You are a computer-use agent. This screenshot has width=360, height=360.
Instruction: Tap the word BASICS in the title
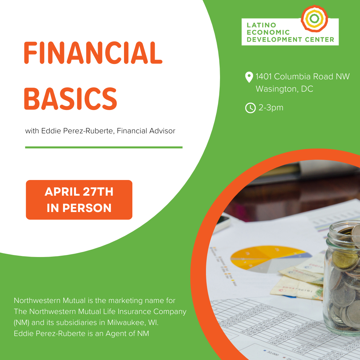click(71, 99)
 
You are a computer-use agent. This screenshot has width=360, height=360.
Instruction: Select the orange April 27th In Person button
click(79, 200)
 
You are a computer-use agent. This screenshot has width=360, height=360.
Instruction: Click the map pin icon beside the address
click(249, 77)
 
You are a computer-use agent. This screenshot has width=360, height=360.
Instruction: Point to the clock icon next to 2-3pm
click(250, 108)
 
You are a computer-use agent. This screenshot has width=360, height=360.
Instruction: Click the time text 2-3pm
click(271, 108)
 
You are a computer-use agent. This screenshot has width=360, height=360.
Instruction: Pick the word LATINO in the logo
click(261, 25)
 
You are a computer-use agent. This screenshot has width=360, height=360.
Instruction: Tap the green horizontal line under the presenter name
click(104, 147)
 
